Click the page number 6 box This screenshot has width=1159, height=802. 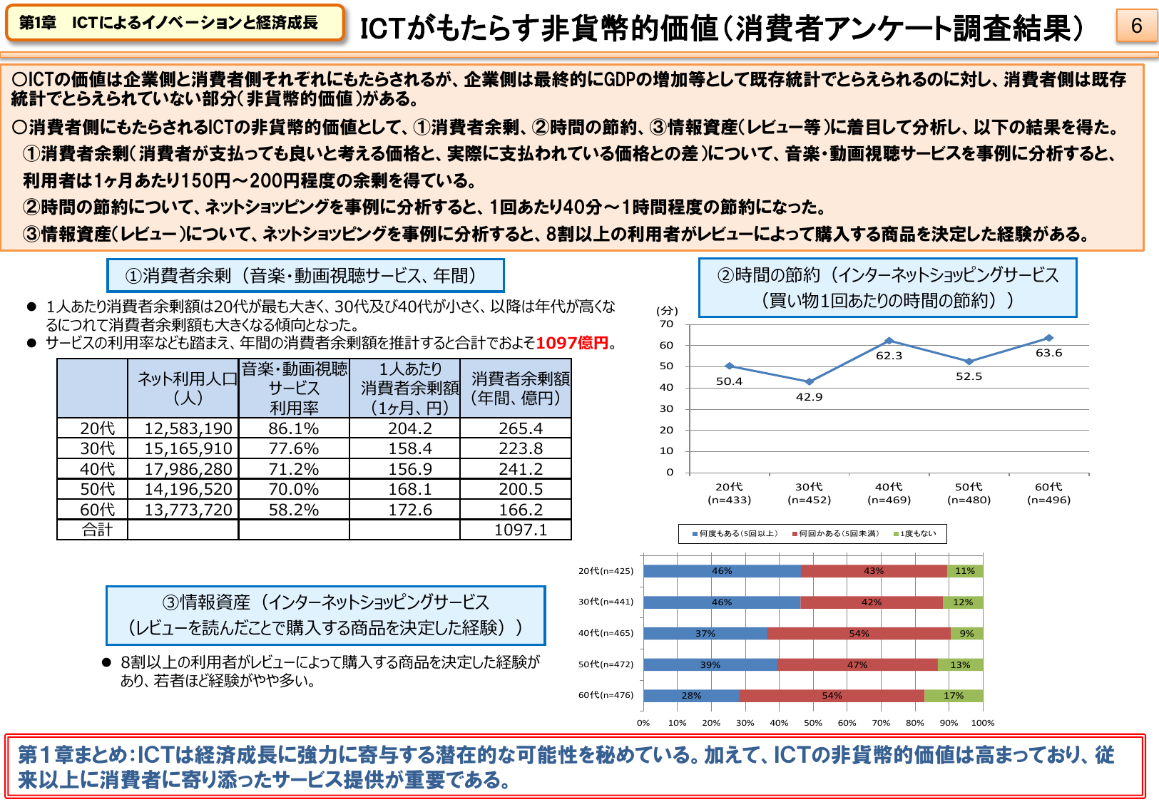[1136, 26]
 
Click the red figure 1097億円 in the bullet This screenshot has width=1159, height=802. [572, 343]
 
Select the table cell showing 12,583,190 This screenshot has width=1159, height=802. [188, 428]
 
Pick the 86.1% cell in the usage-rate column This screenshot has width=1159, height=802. [294, 428]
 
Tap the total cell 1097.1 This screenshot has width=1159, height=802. [521, 530]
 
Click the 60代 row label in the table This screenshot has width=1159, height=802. [97, 510]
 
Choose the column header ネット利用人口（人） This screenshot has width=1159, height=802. [188, 389]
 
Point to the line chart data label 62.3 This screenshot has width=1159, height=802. [889, 356]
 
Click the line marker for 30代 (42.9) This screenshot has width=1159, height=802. [809, 382]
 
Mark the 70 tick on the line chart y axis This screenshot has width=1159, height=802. [666, 324]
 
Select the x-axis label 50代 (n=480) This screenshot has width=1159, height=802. [969, 493]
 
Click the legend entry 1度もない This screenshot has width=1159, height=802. [917, 533]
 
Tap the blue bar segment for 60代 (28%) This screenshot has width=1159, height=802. [691, 696]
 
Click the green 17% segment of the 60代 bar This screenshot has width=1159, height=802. [954, 696]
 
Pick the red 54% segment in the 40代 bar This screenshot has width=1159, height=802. [859, 633]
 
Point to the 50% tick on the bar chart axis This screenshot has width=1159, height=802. [813, 723]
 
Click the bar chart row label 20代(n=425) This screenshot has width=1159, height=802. [606, 570]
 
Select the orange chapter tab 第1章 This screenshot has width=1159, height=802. [174, 23]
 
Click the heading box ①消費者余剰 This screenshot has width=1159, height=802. [305, 276]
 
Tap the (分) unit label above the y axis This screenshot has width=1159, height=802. [667, 311]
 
